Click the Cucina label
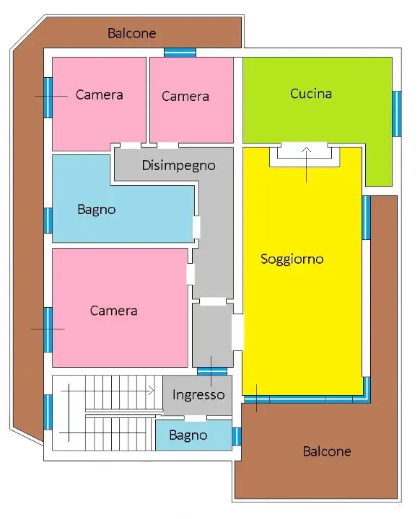pyautogui.click(x=311, y=94)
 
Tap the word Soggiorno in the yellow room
pyautogui.click(x=292, y=259)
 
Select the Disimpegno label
pyautogui.click(x=178, y=165)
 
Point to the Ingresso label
pyautogui.click(x=198, y=395)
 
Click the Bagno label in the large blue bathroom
pyautogui.click(x=97, y=210)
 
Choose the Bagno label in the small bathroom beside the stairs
pyautogui.click(x=188, y=435)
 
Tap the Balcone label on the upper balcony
pyautogui.click(x=131, y=33)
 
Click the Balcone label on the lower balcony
pyautogui.click(x=326, y=451)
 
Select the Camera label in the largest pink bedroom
pyautogui.click(x=113, y=311)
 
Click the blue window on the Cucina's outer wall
pyautogui.click(x=396, y=113)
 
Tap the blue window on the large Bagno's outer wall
pyautogui.click(x=48, y=220)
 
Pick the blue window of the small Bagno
pyautogui.click(x=236, y=436)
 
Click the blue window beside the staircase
pyautogui.click(x=48, y=412)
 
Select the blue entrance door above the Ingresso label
pyautogui.click(x=212, y=371)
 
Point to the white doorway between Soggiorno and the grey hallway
pyautogui.click(x=237, y=332)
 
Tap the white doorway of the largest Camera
pyautogui.click(x=191, y=274)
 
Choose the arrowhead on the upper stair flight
pyautogui.click(x=152, y=391)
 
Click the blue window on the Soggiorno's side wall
pyautogui.click(x=366, y=218)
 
